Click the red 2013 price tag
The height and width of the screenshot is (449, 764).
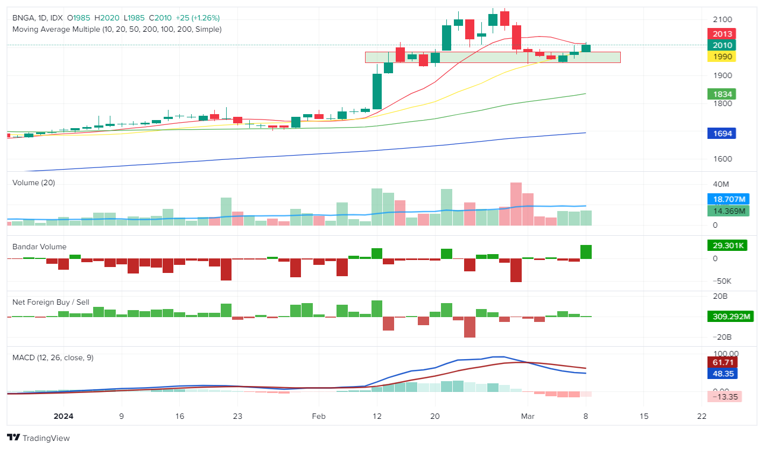pyautogui.click(x=722, y=34)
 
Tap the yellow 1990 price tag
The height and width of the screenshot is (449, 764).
pyautogui.click(x=722, y=57)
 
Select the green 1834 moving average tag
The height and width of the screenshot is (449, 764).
pyautogui.click(x=721, y=94)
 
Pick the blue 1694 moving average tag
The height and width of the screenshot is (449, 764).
pyautogui.click(x=721, y=133)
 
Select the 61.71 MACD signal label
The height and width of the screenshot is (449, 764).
pyautogui.click(x=722, y=362)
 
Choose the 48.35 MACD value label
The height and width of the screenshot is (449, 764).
pyautogui.click(x=722, y=374)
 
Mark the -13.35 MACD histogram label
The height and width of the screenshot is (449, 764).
pyautogui.click(x=724, y=397)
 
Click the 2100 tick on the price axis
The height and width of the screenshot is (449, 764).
pyautogui.click(x=722, y=20)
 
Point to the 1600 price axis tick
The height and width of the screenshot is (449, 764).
pyautogui.click(x=722, y=159)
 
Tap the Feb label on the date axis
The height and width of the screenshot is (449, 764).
pyautogui.click(x=319, y=416)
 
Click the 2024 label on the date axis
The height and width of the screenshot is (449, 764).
pyautogui.click(x=64, y=416)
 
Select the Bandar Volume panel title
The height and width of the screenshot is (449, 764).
pyautogui.click(x=39, y=247)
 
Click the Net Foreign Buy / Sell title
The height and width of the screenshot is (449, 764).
pyautogui.click(x=51, y=302)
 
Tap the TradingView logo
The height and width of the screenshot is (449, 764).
pyautogui.click(x=38, y=438)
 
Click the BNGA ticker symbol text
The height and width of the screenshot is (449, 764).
pyautogui.click(x=23, y=18)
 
